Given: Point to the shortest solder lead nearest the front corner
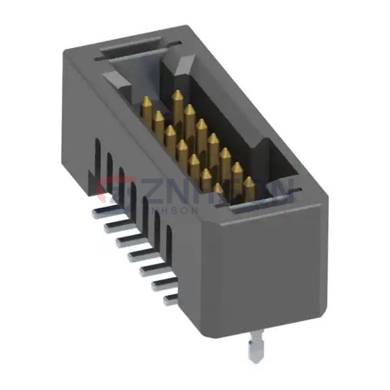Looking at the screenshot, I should pyautogui.click(x=171, y=298).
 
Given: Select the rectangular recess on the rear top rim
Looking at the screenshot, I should pyautogui.click(x=130, y=49).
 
